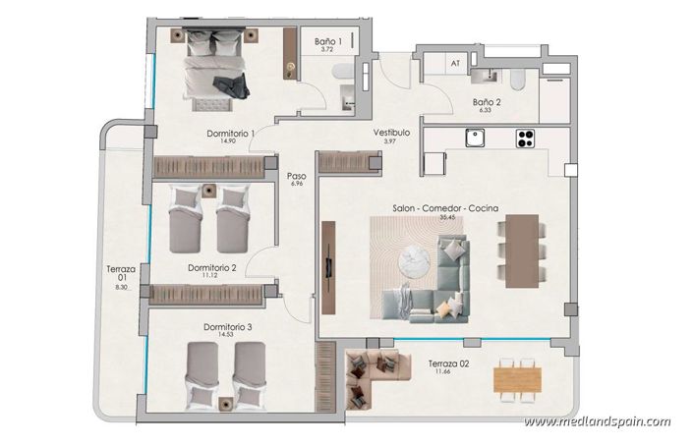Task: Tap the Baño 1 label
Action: click(327, 42)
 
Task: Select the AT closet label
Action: click(455, 63)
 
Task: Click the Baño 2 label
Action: click(487, 101)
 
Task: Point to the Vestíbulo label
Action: click(391, 133)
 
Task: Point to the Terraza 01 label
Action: click(122, 274)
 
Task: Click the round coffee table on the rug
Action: click(416, 260)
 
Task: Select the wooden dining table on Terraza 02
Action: click(516, 376)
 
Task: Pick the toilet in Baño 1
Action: click(340, 71)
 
